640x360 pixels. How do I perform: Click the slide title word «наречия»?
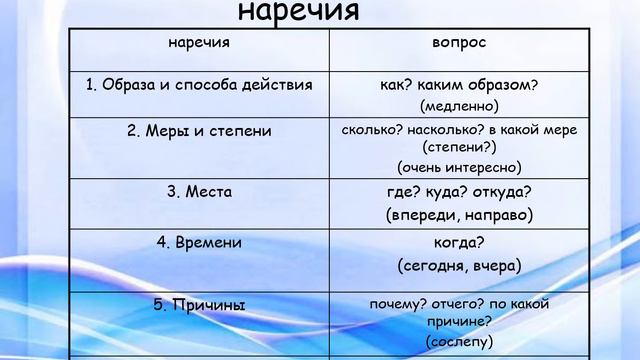coord(300,12)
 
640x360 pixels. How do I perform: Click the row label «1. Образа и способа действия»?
coord(199,85)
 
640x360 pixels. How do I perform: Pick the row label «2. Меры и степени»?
coord(199,131)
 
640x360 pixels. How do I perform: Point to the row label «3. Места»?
coord(199,191)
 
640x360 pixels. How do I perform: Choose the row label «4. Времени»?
coord(199,243)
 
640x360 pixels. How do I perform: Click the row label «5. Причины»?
coord(199,304)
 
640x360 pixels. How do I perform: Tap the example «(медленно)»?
coord(459,105)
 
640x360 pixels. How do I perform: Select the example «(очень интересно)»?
coord(459,167)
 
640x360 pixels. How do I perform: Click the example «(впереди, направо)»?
coord(459,214)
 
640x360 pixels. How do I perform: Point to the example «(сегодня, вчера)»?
coord(459,266)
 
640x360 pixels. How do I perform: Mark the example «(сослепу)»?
coord(459,341)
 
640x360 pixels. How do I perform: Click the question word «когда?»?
coord(459,243)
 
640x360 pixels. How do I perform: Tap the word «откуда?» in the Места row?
coord(502,192)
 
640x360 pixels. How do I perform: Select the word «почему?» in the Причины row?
coord(396,304)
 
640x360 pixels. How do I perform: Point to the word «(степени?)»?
coord(459,146)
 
